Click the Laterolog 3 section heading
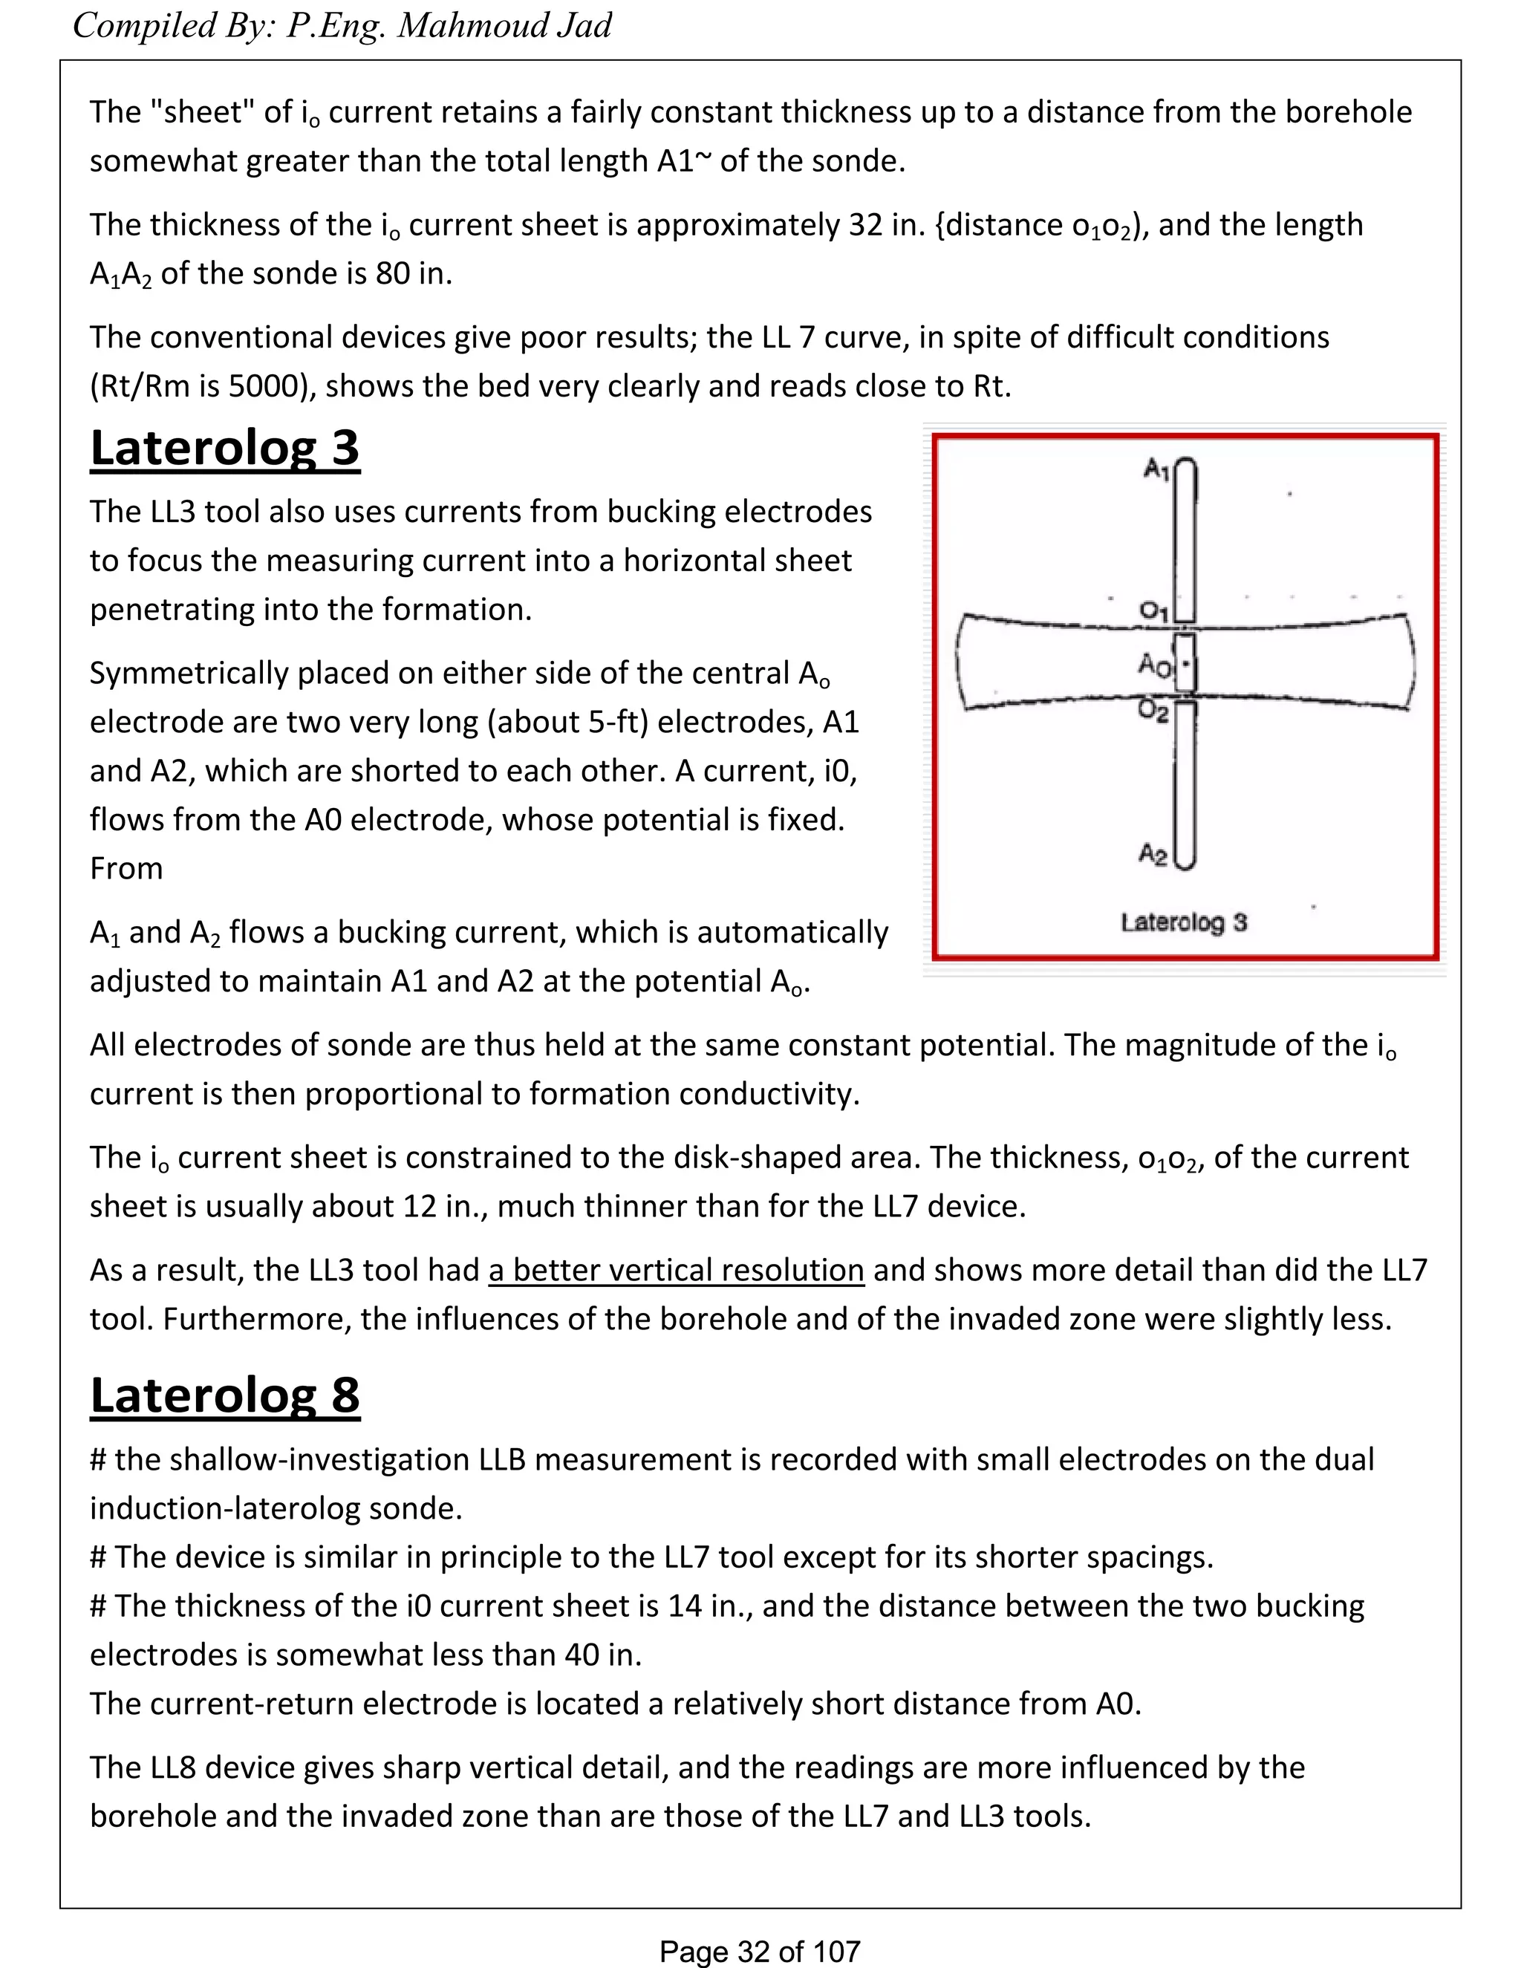(224, 448)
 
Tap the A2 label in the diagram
(1153, 853)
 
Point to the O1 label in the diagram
(1153, 611)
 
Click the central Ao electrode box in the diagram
(1185, 662)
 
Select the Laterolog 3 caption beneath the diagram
(1183, 922)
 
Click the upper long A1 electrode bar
(1186, 541)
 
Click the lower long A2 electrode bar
(1186, 784)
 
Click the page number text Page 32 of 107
(760, 1952)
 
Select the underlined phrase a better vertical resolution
(676, 1270)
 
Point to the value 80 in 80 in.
(393, 273)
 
